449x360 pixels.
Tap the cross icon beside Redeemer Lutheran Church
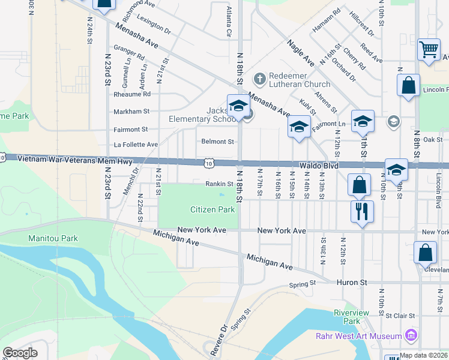(259, 78)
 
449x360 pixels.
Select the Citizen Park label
(212, 209)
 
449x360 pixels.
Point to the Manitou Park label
(53, 238)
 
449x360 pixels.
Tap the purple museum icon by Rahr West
(411, 334)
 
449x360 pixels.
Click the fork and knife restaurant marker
(362, 211)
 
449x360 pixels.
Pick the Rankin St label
(219, 184)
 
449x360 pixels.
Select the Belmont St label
(217, 142)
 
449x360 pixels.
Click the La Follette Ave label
(136, 145)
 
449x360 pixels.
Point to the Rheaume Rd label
(132, 94)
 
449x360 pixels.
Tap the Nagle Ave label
(300, 53)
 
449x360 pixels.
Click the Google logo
(20, 353)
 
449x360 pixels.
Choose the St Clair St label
(400, 315)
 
